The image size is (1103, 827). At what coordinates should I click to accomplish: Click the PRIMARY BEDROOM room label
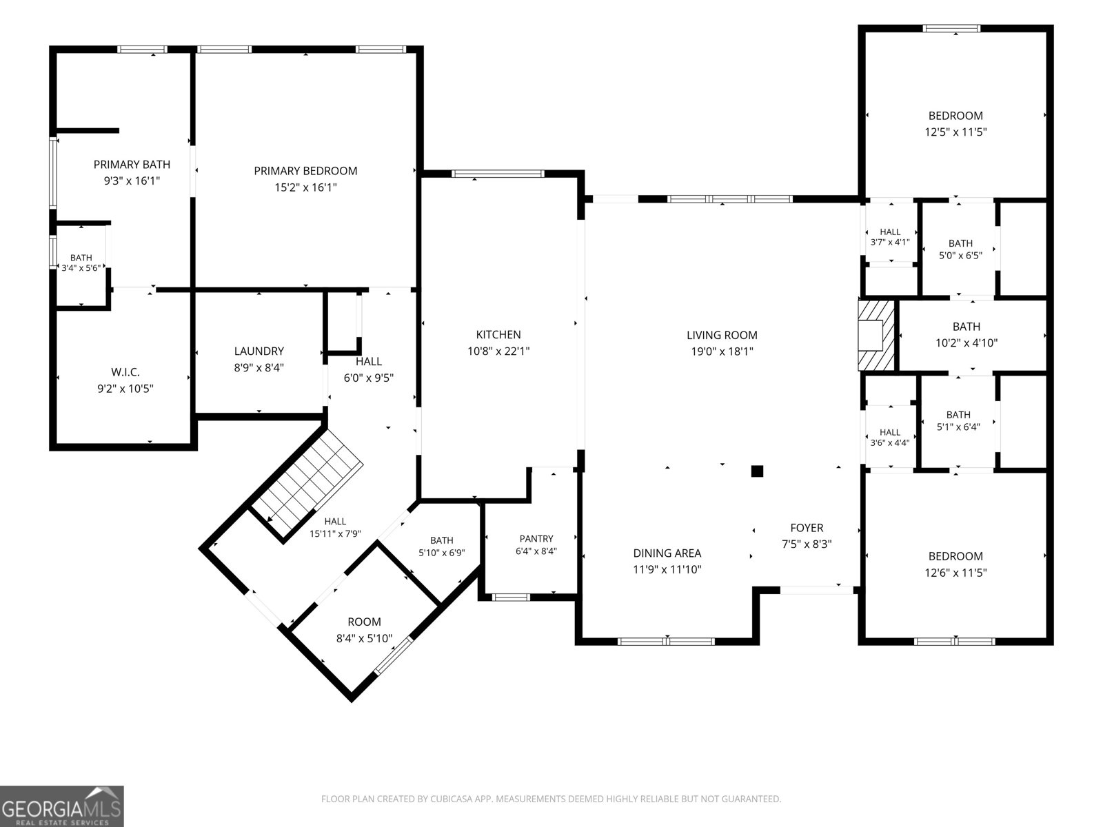(x=305, y=171)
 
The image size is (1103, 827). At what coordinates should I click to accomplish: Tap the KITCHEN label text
(x=498, y=334)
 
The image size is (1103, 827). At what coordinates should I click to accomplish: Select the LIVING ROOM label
(x=722, y=335)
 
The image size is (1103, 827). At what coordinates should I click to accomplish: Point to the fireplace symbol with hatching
(x=876, y=335)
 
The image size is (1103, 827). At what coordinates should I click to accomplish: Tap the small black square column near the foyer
(x=757, y=471)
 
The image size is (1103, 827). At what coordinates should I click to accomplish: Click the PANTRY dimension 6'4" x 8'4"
(x=536, y=551)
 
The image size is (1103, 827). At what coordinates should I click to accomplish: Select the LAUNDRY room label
(x=259, y=351)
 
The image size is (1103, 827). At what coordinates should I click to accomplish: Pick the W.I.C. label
(x=125, y=372)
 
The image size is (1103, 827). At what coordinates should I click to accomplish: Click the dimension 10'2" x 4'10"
(x=967, y=343)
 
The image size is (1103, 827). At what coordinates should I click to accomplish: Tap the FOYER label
(x=807, y=528)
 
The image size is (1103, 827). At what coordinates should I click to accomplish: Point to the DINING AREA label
(x=667, y=553)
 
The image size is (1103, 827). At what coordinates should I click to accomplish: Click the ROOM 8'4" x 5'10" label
(x=364, y=630)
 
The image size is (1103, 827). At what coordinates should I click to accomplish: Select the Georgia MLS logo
(x=62, y=806)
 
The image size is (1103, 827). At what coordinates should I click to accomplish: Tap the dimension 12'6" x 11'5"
(x=955, y=573)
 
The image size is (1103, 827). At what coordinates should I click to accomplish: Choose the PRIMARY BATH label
(x=132, y=164)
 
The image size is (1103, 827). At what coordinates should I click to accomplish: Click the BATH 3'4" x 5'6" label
(x=81, y=263)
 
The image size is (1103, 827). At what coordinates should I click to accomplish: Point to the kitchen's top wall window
(x=498, y=174)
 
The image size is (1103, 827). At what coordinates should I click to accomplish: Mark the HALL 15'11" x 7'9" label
(x=335, y=527)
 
